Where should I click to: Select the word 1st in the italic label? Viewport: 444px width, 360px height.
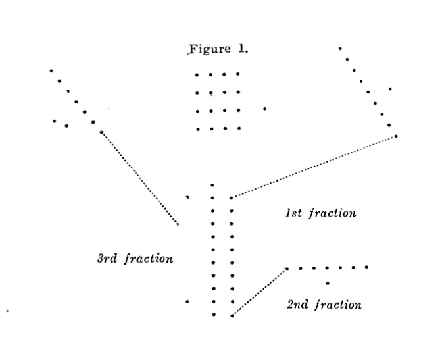(x=293, y=213)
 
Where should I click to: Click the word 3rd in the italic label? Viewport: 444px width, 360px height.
(x=107, y=259)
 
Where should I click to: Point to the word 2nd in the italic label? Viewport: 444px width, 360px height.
(x=298, y=305)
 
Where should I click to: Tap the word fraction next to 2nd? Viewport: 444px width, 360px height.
(x=337, y=305)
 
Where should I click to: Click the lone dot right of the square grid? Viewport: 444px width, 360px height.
(x=264, y=109)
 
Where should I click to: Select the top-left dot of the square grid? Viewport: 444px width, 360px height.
(x=197, y=75)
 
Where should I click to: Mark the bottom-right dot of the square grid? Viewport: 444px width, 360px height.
(x=238, y=128)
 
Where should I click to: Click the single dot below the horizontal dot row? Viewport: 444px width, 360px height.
(x=328, y=283)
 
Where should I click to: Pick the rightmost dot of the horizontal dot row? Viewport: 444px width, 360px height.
(x=366, y=267)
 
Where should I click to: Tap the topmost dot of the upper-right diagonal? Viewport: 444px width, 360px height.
(x=340, y=48)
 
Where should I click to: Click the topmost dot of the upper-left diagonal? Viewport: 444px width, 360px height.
(x=51, y=70)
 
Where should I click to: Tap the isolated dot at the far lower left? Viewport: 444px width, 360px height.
(x=7, y=309)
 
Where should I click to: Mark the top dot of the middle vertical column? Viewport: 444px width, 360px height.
(x=212, y=186)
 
